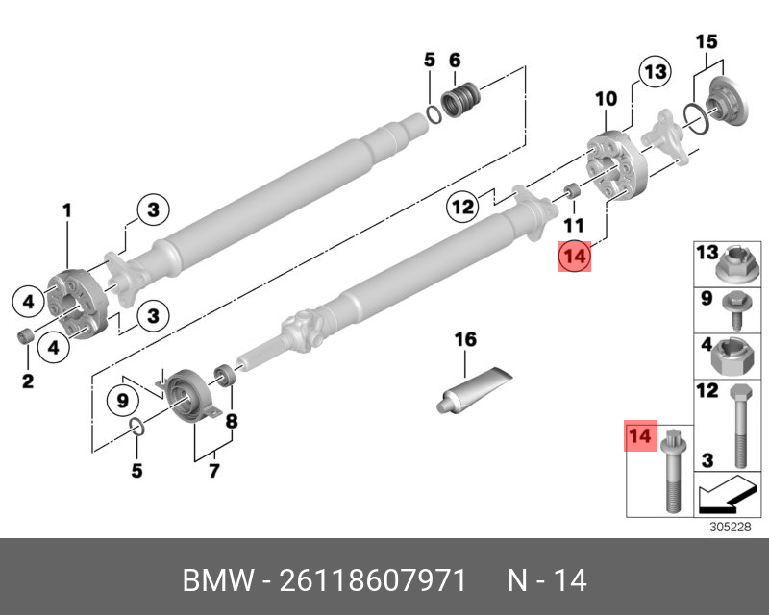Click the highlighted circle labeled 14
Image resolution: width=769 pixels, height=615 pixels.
point(575,257)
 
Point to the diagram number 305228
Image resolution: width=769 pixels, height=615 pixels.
point(729,527)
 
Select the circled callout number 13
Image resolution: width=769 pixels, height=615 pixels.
point(655,72)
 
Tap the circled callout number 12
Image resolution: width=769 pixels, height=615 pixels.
point(463,205)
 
